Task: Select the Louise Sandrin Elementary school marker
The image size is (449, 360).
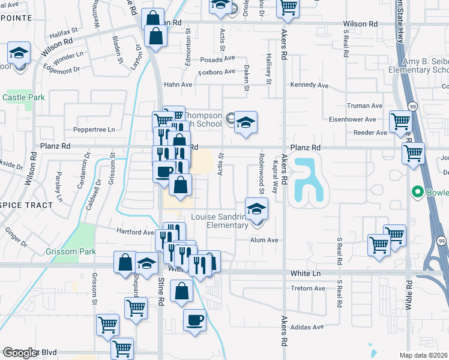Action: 256,209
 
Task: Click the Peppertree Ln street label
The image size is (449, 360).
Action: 94,129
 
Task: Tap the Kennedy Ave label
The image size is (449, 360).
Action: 310,85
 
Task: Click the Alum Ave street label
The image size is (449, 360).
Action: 265,240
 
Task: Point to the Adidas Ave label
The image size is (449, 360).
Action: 307,328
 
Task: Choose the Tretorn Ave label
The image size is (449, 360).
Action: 308,288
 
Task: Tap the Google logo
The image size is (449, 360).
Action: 20,353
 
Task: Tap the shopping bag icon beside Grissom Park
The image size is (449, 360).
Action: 125,263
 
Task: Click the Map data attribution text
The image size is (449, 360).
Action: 424,355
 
